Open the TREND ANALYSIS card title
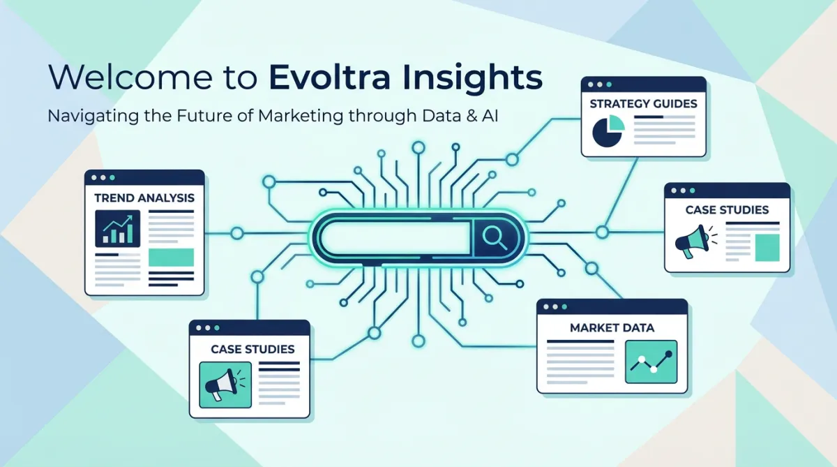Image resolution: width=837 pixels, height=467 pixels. pyautogui.click(x=144, y=198)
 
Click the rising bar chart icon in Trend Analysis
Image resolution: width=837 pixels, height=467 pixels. pyautogui.click(x=117, y=228)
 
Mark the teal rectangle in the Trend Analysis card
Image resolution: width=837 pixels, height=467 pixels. pyautogui.click(x=171, y=256)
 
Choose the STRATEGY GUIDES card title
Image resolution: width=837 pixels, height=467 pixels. pyautogui.click(x=643, y=104)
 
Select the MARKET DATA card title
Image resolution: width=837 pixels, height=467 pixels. pyautogui.click(x=612, y=327)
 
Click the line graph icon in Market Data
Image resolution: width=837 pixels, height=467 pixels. pyautogui.click(x=651, y=361)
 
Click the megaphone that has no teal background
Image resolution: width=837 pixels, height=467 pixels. pyautogui.click(x=691, y=241)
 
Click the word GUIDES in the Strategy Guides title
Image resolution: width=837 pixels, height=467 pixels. pyautogui.click(x=672, y=104)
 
